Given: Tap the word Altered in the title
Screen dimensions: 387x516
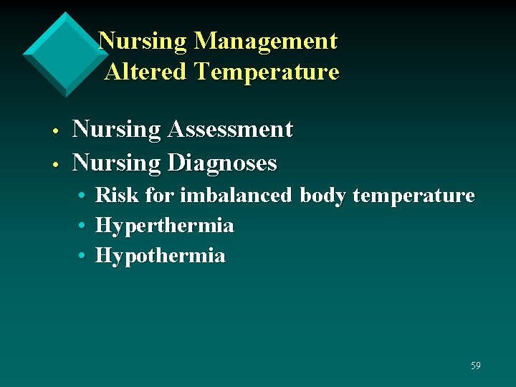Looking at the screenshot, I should coord(145,72).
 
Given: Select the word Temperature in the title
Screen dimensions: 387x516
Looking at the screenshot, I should coord(266,72).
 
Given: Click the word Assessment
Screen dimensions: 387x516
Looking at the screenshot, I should coord(230,129).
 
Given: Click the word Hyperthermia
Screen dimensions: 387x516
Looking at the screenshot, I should coord(164,226).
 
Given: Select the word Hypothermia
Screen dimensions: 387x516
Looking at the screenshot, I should coord(160,256).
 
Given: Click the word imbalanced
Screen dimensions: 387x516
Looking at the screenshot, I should coord(236,195).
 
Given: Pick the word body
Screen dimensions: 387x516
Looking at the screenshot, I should coord(323,196).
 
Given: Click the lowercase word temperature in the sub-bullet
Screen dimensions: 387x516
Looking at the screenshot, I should coord(414,196).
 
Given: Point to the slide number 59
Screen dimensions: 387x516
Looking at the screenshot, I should coord(476,366).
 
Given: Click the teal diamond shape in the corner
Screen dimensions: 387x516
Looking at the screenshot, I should coord(65,54).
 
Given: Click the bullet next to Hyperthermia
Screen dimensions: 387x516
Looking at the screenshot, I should coord(84,226).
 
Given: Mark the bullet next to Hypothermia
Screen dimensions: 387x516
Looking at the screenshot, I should coord(84,257).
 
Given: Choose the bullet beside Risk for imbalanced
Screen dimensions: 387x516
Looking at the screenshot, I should coord(84,196).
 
